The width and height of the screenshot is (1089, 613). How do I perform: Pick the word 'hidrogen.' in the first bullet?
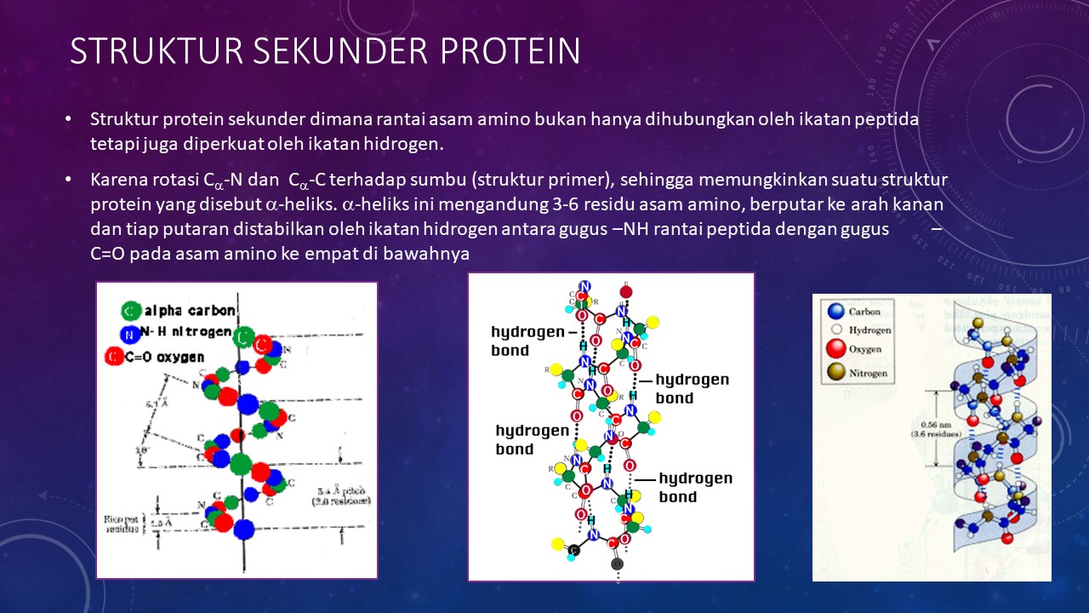[x=402, y=143]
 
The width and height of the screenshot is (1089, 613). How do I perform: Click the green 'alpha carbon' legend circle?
[x=131, y=310]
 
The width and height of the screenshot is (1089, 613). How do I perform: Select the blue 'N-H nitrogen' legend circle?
[x=128, y=334]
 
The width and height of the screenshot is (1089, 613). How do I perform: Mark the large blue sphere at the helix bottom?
[x=244, y=529]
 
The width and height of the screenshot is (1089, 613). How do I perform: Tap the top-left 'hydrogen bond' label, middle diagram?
[x=527, y=341]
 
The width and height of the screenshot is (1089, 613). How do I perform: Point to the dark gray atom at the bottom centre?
[x=618, y=563]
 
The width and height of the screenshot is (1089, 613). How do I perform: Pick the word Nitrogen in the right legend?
[x=869, y=373]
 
